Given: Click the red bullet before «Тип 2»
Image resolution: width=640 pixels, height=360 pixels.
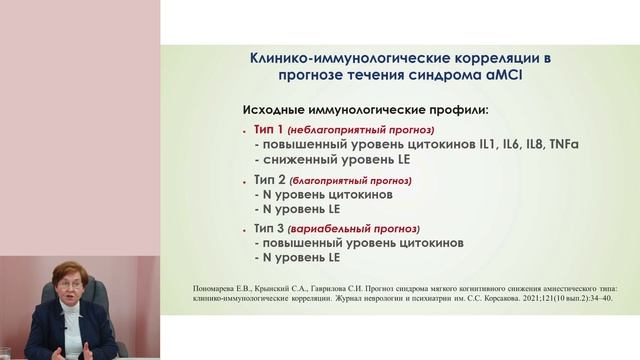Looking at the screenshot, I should pyautogui.click(x=245, y=181).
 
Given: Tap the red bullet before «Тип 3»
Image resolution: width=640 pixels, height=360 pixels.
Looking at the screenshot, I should pyautogui.click(x=245, y=230).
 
